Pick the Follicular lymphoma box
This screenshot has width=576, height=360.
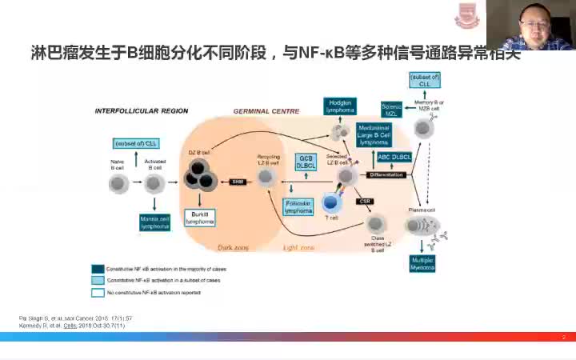[x=298, y=207]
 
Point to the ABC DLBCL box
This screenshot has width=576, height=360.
[x=394, y=157]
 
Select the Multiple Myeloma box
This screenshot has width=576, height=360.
[x=423, y=265]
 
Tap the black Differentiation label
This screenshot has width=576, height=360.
[x=390, y=174]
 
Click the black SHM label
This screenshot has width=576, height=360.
[x=237, y=182]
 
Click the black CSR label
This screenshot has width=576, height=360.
[x=366, y=201]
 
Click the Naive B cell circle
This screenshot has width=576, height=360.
[x=118, y=185]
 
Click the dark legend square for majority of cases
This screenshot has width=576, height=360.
[x=97, y=269]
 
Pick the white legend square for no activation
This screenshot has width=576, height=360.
[x=97, y=293]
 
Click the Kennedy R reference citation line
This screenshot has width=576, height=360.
[x=63, y=326]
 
